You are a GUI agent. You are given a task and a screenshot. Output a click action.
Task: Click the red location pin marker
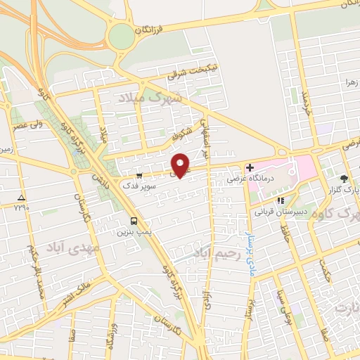pos(181,165)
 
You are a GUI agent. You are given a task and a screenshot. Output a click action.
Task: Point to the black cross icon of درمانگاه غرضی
pos(248,167)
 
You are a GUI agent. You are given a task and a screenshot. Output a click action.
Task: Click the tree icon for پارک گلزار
pos(344,179)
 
